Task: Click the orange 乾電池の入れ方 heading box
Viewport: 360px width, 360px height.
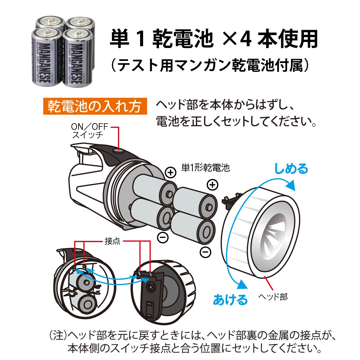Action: pyautogui.click(x=95, y=106)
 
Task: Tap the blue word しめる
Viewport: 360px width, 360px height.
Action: pyautogui.click(x=291, y=169)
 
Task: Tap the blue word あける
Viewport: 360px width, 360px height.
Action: pyautogui.click(x=230, y=300)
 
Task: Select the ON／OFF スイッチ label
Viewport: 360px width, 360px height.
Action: pyautogui.click(x=89, y=131)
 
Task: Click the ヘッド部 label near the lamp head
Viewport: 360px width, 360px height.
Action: pyautogui.click(x=273, y=297)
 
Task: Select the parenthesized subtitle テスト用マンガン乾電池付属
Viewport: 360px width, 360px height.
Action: pyautogui.click(x=210, y=65)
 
